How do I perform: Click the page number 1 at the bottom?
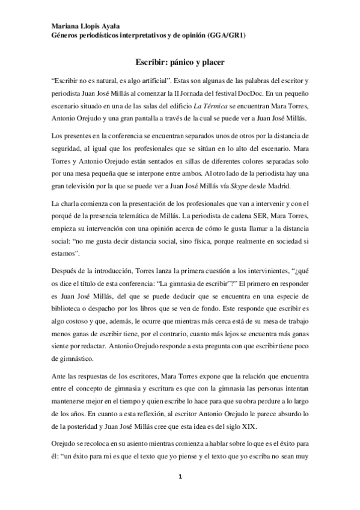(180, 478)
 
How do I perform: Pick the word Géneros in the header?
(64, 36)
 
